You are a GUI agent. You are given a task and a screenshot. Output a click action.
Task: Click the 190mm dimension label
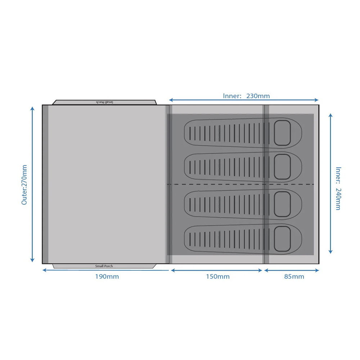click(107, 276)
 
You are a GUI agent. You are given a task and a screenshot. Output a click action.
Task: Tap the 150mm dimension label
click(218, 276)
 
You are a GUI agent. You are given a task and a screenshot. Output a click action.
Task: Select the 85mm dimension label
click(294, 276)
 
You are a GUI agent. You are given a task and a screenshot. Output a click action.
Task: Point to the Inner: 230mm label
click(246, 96)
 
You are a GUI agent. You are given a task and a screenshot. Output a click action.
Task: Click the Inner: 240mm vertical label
click(338, 189)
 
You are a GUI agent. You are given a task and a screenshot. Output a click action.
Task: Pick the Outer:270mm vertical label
click(24, 185)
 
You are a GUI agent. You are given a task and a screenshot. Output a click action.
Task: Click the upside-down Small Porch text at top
click(104, 102)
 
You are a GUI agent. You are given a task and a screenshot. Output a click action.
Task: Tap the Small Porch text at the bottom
click(104, 266)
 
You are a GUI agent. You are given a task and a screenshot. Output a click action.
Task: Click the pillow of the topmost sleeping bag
click(282, 133)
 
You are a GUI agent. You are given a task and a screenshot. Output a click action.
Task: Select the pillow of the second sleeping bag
click(282, 167)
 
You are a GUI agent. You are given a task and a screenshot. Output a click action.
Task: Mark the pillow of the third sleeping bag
click(282, 204)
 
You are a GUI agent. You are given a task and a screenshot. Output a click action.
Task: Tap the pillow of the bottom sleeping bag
click(282, 239)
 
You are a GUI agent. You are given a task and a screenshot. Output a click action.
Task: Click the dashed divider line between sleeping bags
click(240, 184)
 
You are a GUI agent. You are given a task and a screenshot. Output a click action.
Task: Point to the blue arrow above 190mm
click(105, 270)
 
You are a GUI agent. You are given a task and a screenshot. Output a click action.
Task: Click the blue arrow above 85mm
click(292, 270)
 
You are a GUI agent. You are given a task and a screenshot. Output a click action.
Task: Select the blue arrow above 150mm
click(216, 270)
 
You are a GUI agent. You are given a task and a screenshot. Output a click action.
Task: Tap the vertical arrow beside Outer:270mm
click(32, 184)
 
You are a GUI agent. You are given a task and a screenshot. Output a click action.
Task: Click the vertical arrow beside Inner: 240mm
click(330, 184)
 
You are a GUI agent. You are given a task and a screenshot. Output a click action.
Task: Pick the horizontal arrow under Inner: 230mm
click(244, 100)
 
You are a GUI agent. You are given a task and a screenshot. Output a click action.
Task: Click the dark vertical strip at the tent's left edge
click(45, 184)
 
